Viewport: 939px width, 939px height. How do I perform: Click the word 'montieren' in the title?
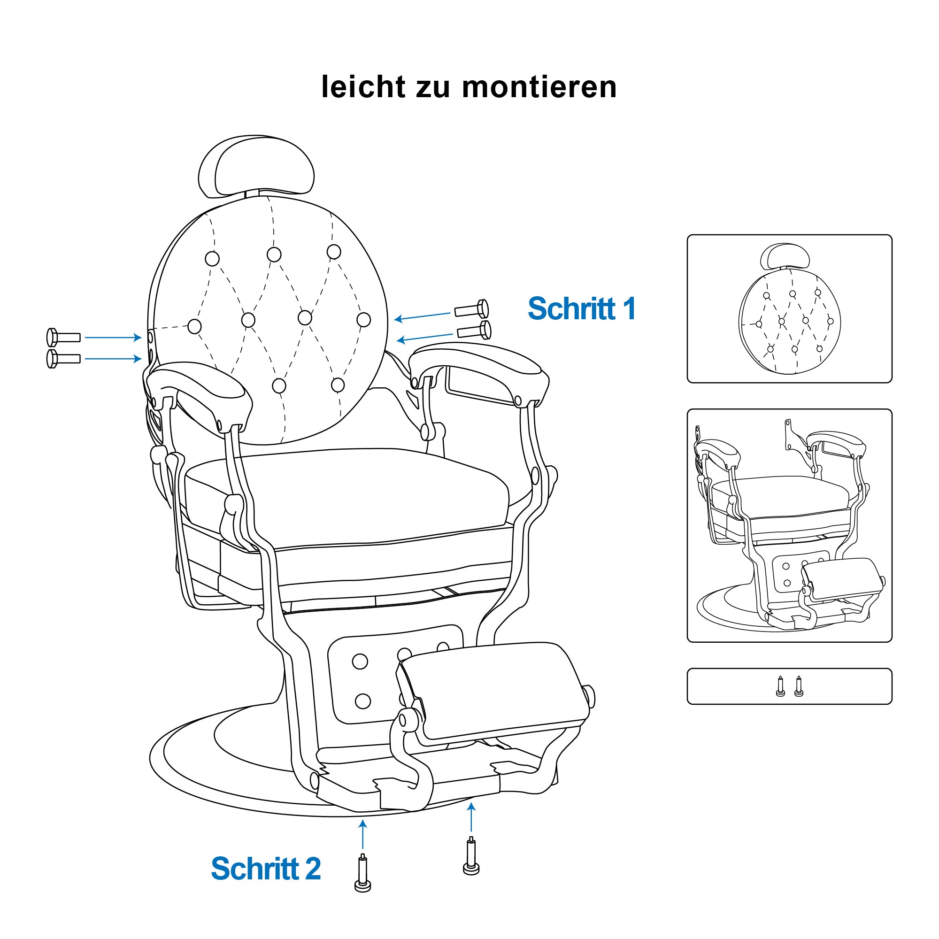click(x=539, y=87)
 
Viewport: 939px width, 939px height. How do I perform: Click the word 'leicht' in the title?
click(x=363, y=87)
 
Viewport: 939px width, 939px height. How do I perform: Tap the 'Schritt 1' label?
click(x=581, y=308)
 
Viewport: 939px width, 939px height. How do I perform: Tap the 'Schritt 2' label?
click(x=266, y=869)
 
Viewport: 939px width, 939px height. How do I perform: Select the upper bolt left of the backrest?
click(x=63, y=337)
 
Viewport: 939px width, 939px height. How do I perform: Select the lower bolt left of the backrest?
click(x=63, y=359)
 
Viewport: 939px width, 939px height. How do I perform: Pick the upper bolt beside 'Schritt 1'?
click(x=471, y=309)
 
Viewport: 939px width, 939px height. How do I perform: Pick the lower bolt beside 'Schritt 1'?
click(x=474, y=331)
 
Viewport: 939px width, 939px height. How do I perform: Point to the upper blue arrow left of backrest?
click(x=113, y=337)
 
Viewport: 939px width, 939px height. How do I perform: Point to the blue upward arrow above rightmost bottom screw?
click(x=471, y=819)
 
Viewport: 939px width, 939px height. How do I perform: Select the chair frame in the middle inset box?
click(x=790, y=527)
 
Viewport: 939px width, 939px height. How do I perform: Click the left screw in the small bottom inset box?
click(x=780, y=686)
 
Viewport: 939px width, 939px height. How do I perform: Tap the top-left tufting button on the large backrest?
click(x=212, y=259)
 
